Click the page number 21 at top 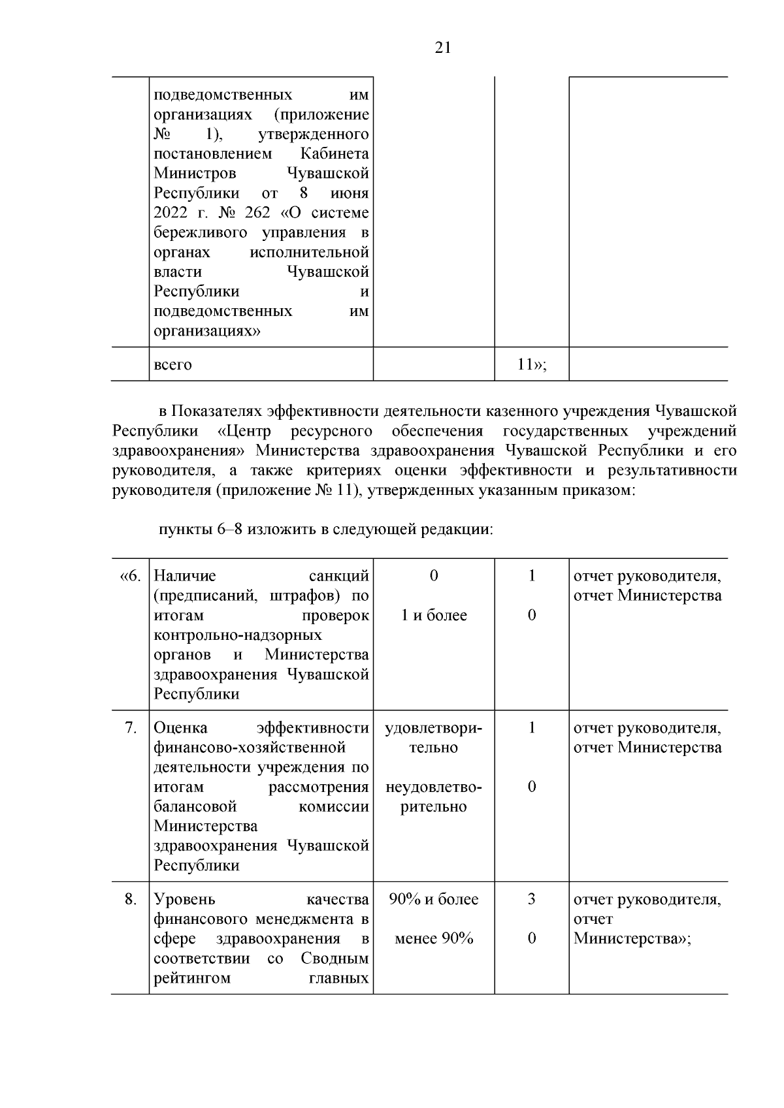coord(442,48)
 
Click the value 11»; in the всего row coord(531,364)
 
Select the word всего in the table coord(172,365)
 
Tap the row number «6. coord(130,576)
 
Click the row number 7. coord(130,727)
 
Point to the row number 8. coord(131,899)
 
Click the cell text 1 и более coord(434,615)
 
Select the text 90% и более coord(434,899)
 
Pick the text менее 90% coord(434,938)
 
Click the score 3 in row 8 coord(531,899)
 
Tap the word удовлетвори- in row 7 coord(434,727)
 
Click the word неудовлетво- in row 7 coord(434,787)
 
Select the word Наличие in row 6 coord(185,576)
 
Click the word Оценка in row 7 coord(181,727)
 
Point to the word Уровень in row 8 coord(184,899)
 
